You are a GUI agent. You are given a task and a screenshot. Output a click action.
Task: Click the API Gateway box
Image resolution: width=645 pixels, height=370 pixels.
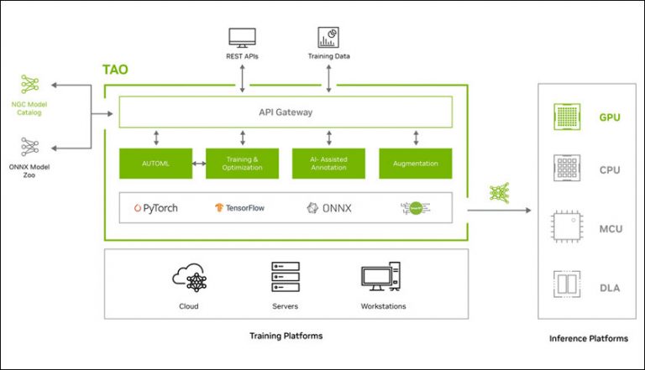tap(286, 112)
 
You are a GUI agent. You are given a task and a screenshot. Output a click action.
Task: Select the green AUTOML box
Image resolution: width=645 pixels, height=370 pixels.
tap(155, 164)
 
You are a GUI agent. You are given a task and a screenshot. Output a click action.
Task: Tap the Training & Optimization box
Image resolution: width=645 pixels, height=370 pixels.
tap(242, 164)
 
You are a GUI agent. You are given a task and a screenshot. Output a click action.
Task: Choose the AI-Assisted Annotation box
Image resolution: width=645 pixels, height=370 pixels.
tap(328, 164)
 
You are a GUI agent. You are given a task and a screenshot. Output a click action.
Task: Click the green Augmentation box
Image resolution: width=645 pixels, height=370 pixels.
tap(415, 164)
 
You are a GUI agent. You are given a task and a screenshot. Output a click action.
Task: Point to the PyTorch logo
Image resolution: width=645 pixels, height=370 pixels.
tap(156, 207)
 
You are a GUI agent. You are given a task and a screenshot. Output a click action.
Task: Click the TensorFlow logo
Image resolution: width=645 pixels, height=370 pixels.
tap(240, 207)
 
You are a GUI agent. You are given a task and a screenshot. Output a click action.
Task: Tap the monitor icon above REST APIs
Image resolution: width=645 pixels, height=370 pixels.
tap(243, 38)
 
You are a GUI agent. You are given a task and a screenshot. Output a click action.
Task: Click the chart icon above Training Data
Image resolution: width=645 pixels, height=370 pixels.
tap(328, 38)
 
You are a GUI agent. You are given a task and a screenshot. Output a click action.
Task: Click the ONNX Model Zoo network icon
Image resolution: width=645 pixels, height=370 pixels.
tap(31, 145)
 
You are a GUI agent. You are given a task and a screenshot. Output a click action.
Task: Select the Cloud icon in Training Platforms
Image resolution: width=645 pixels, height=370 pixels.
tap(189, 277)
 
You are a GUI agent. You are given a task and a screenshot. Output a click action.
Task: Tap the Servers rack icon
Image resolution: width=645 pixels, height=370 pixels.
tap(286, 277)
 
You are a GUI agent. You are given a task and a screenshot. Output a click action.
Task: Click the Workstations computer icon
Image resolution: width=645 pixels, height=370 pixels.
tap(381, 277)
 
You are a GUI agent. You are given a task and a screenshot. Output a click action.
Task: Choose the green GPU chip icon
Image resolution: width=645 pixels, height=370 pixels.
tap(564, 117)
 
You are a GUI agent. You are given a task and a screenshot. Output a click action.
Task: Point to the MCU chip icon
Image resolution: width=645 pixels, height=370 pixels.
tap(564, 227)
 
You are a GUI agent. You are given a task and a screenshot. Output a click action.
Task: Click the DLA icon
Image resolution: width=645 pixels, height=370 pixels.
tap(564, 284)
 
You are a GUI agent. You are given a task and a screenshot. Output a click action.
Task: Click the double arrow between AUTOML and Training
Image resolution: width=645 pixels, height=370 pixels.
tap(198, 164)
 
